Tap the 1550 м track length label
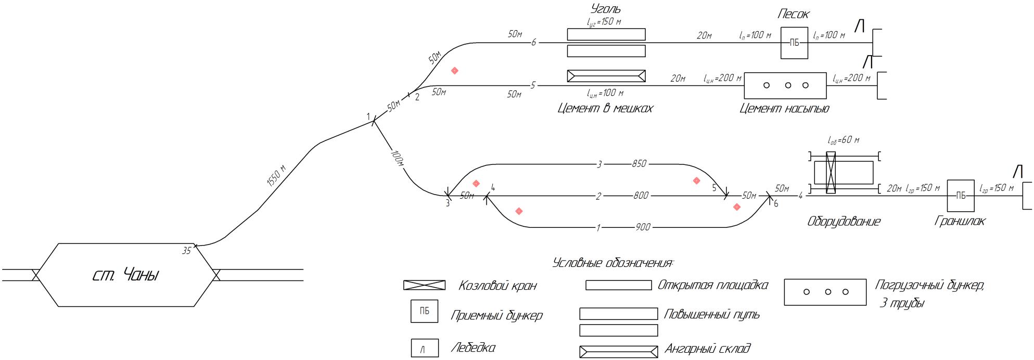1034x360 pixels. click(276, 175)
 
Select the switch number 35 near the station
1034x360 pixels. click(186, 251)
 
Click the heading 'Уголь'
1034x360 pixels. click(606, 9)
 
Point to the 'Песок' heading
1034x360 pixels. click(794, 14)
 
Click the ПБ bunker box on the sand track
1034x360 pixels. click(794, 43)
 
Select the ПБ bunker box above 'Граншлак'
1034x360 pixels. click(960, 196)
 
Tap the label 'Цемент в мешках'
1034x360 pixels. click(605, 108)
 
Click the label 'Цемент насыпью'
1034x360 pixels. click(784, 108)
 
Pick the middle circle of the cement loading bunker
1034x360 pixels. click(788, 85)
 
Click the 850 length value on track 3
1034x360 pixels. click(639, 164)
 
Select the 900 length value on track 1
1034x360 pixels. click(643, 227)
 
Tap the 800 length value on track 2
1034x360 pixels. click(641, 196)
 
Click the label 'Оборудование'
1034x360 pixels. click(844, 222)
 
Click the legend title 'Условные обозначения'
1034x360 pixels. click(612, 263)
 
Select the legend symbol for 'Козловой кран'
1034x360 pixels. click(425, 285)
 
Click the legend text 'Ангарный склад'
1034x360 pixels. click(707, 349)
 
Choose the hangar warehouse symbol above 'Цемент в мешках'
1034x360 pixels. click(606, 76)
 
